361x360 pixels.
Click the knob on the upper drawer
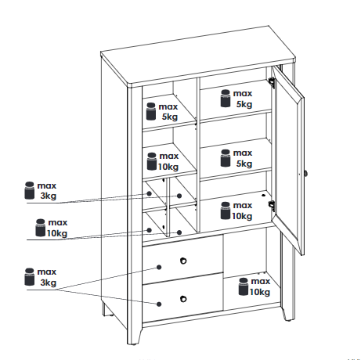(x=183, y=261)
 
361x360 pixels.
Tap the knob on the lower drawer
(x=183, y=299)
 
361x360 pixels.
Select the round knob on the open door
(x=305, y=173)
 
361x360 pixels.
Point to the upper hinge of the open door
(x=272, y=82)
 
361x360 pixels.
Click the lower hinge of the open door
(x=272, y=205)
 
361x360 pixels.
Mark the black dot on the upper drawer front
(x=159, y=267)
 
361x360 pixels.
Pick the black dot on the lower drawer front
(x=159, y=304)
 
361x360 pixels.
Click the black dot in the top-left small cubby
(x=149, y=193)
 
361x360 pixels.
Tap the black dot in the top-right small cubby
(x=179, y=196)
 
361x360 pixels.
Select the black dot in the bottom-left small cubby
(x=149, y=230)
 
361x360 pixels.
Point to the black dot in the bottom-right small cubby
(x=179, y=232)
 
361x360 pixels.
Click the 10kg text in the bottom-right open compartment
(x=260, y=292)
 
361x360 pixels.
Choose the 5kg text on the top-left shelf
(x=170, y=117)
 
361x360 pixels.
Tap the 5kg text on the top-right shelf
(x=244, y=104)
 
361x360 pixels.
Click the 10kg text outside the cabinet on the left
(x=57, y=233)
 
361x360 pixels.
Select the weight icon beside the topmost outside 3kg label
(x=29, y=190)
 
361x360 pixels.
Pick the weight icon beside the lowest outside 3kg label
(x=29, y=276)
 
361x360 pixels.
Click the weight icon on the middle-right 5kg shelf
(x=226, y=158)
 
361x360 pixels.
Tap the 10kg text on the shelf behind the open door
(x=242, y=216)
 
